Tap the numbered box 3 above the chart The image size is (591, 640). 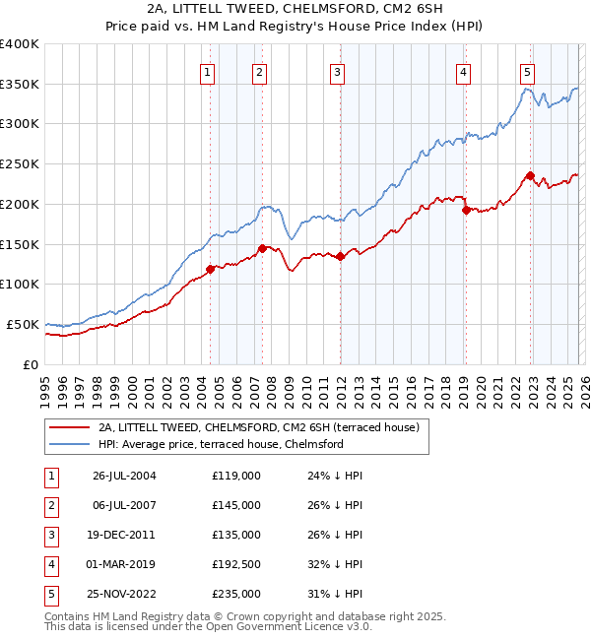[337, 71]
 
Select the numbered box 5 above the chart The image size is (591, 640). [527, 71]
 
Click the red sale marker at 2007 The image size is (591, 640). [262, 248]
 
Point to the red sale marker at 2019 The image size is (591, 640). [466, 210]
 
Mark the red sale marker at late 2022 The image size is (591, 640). [530, 176]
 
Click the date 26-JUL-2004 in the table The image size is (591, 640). [124, 475]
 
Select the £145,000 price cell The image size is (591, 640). [236, 505]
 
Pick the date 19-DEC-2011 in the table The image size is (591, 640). [123, 535]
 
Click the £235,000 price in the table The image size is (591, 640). [236, 594]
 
